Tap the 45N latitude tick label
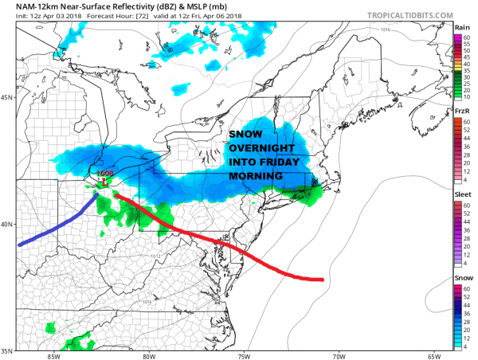pyautogui.click(x=7, y=98)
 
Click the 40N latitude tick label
pyautogui.click(x=7, y=224)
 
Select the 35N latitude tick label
pyautogui.click(x=7, y=349)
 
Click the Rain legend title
pyautogui.click(x=461, y=26)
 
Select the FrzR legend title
pyautogui.click(x=461, y=113)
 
